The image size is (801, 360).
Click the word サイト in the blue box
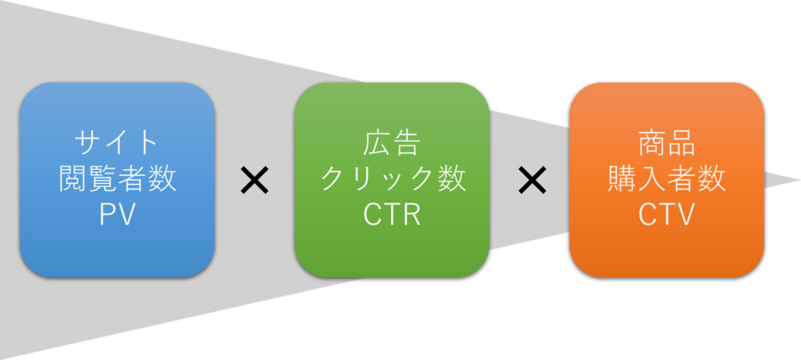tap(117, 144)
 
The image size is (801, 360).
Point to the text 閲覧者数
tap(117, 179)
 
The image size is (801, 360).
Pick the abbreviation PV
tap(117, 214)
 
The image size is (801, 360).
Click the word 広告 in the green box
tap(392, 144)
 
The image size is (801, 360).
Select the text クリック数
tap(392, 179)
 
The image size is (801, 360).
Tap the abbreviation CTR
tap(392, 214)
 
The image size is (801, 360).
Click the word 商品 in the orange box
tap(666, 144)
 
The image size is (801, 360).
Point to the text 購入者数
tap(666, 179)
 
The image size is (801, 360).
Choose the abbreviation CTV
tap(666, 214)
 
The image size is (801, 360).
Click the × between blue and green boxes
tap(254, 182)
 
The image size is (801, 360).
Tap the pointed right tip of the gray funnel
tap(796, 180)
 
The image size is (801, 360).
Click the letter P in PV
tap(107, 214)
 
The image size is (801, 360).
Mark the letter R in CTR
tap(410, 214)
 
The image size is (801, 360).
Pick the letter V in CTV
tap(685, 214)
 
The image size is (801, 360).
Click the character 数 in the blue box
tap(161, 179)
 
